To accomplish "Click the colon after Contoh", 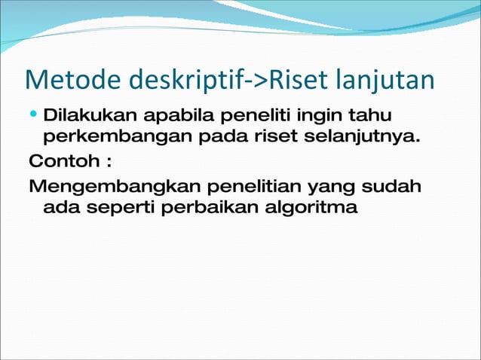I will click(110, 163).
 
